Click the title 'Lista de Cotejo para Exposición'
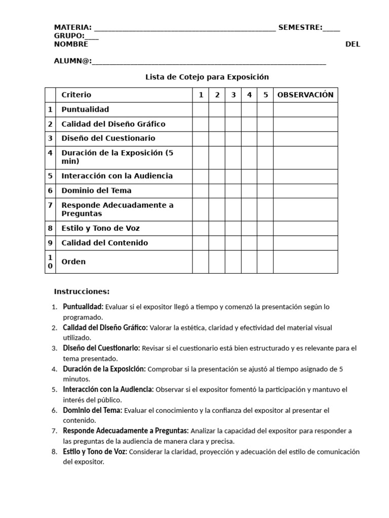tap(207, 77)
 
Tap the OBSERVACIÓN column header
tap(305, 95)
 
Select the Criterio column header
tap(76, 95)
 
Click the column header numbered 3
tap(233, 95)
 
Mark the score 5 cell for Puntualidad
tap(265, 109)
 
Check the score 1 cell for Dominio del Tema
tap(201, 191)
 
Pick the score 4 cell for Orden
tap(249, 262)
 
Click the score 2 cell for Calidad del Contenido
tap(217, 243)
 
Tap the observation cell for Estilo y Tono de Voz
tap(305, 228)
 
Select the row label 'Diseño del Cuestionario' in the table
tap(108, 138)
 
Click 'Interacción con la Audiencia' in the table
tap(117, 176)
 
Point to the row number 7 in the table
tap(50, 205)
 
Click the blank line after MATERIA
tap(185, 28)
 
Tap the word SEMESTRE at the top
tap(300, 27)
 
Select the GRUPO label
tap(69, 36)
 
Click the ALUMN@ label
tap(72, 61)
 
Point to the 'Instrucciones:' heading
tap(82, 291)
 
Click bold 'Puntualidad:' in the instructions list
tap(83, 307)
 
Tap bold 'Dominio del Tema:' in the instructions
tap(92, 410)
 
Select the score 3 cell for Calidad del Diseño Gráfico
tap(233, 124)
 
